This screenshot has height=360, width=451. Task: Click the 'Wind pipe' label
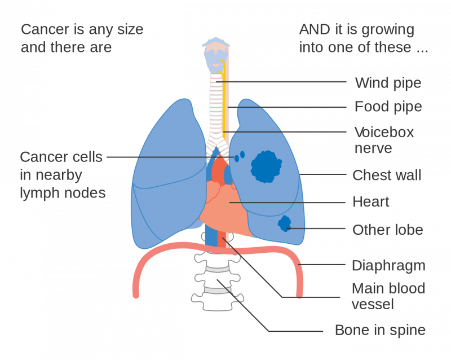click(388, 84)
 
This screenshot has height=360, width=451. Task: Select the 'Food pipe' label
click(388, 107)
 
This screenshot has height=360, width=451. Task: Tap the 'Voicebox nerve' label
click(384, 141)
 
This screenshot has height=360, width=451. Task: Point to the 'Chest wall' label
click(387, 175)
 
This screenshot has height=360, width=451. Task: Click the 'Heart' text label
click(371, 202)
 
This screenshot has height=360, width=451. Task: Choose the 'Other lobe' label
click(387, 230)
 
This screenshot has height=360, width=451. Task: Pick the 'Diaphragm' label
click(388, 265)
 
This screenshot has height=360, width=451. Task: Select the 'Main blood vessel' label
click(388, 296)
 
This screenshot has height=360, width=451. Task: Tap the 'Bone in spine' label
click(380, 330)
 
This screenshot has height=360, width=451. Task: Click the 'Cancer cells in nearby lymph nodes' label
click(62, 175)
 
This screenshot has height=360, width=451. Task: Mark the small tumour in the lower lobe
click(284, 224)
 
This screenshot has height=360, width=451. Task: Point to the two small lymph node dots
click(240, 155)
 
